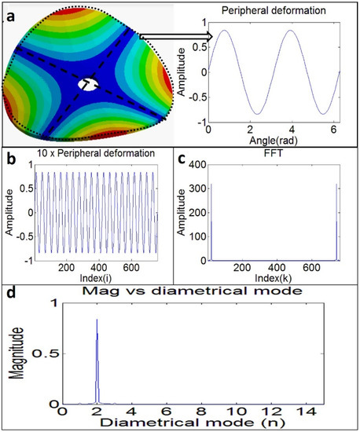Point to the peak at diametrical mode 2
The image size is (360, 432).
pos(97,322)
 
